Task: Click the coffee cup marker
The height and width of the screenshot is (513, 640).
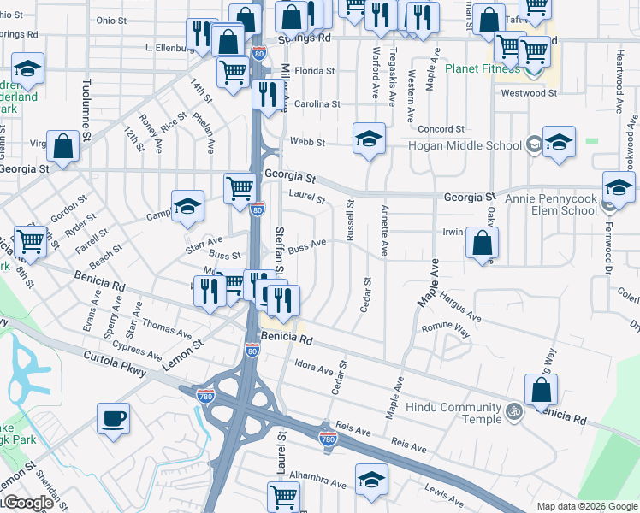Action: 114,419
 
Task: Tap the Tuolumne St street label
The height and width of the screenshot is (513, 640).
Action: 86,105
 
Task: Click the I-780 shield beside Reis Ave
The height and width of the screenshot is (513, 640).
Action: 327,438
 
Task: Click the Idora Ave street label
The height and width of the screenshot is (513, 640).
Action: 313,368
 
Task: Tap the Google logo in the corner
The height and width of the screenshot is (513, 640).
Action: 27,504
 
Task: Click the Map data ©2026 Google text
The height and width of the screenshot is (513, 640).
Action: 586,506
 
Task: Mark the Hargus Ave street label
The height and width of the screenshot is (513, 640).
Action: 461,307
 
